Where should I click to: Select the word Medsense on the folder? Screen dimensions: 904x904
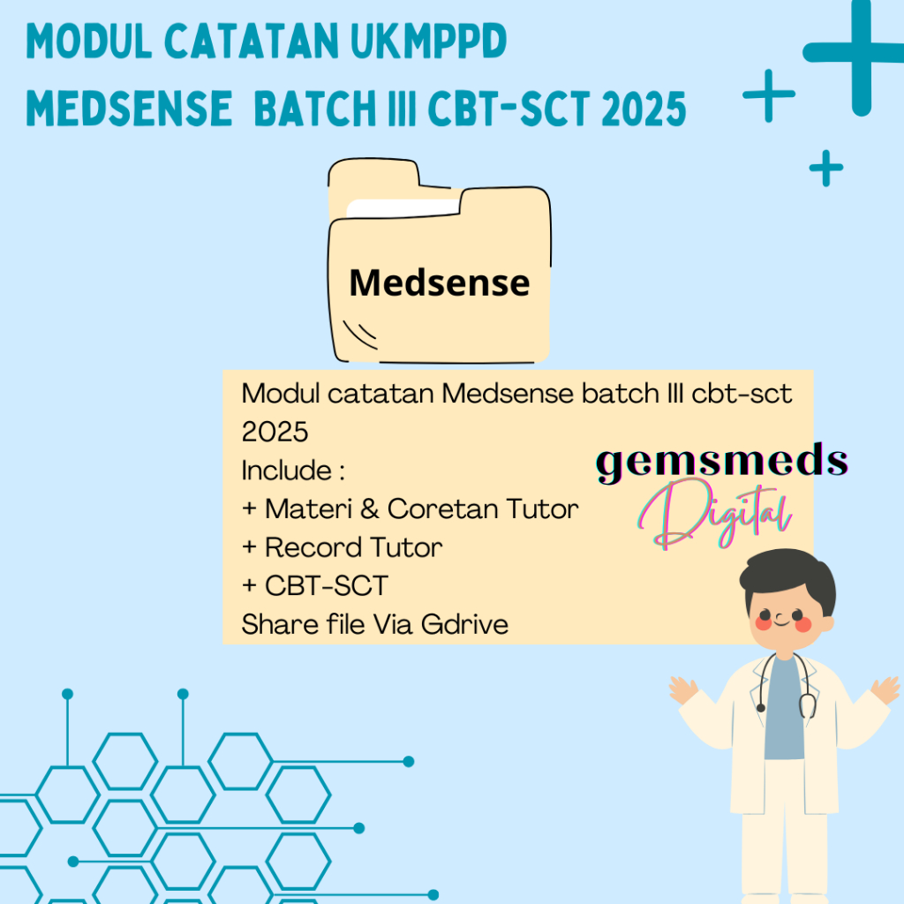(x=440, y=282)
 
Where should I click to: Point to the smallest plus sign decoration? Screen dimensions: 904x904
(x=825, y=168)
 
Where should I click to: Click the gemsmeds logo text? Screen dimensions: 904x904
(x=722, y=462)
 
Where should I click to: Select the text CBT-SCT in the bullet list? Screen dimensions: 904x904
(x=314, y=586)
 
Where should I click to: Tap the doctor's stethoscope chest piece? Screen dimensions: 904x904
(x=807, y=706)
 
